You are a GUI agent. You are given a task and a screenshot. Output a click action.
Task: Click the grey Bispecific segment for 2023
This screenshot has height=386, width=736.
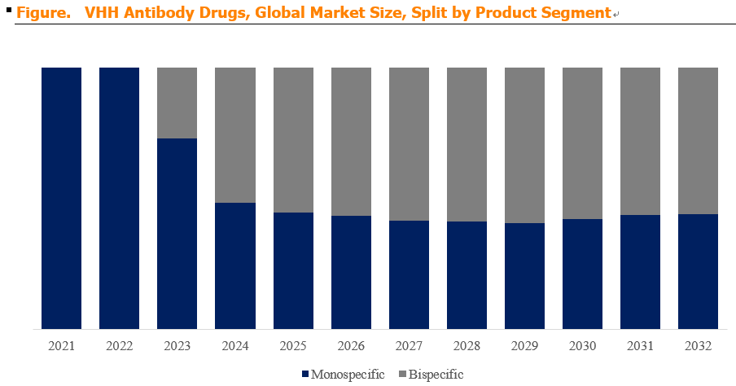click(177, 103)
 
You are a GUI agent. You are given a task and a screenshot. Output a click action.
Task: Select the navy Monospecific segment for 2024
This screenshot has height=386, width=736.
click(235, 265)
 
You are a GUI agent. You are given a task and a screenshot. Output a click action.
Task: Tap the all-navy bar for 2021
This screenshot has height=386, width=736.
click(62, 198)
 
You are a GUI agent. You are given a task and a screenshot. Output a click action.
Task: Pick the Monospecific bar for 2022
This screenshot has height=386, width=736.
click(119, 198)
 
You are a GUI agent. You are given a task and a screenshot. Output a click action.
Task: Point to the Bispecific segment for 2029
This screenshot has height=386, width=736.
click(525, 145)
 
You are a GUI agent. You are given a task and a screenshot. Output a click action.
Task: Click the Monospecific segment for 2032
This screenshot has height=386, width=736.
click(698, 271)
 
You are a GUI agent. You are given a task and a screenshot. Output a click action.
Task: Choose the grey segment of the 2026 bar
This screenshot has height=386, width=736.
click(351, 142)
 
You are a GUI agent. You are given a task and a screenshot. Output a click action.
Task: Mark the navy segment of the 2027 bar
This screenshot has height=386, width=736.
click(409, 274)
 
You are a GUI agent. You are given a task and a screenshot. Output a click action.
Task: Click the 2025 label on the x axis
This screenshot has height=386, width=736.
click(293, 346)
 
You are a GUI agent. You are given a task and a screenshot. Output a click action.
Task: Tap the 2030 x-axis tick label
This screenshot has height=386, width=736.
click(582, 346)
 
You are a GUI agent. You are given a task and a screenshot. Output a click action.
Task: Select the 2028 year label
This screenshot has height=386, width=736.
click(467, 346)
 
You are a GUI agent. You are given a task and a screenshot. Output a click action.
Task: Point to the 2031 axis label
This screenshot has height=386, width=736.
click(640, 346)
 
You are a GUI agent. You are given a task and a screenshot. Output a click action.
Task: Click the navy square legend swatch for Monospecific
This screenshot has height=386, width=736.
click(305, 375)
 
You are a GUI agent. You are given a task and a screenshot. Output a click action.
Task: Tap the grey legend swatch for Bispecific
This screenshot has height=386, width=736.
click(402, 375)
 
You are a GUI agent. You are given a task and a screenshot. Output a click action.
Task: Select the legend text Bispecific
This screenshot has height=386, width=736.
click(436, 375)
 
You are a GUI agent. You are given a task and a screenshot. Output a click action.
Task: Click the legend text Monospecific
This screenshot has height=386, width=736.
click(348, 375)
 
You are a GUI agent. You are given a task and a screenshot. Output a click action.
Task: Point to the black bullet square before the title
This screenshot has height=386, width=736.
click(9, 10)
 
